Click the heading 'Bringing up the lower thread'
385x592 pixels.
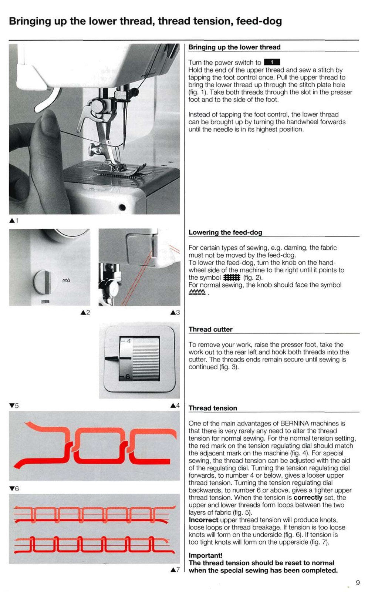tap(234, 47)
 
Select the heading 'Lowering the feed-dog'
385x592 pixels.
tap(225, 232)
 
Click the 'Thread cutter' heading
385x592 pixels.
tap(210, 329)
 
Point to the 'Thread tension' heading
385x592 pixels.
tap(213, 408)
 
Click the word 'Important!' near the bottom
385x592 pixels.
tap(205, 555)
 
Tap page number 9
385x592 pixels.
tap(357, 583)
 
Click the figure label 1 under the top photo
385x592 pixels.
tap(14, 221)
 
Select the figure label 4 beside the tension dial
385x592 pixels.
tap(175, 406)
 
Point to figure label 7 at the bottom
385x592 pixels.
tap(175, 570)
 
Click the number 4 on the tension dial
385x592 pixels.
tap(128, 341)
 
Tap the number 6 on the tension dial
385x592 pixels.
tap(128, 377)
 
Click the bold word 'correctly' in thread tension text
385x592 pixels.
tap(308, 498)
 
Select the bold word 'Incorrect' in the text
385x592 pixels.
tap(203, 520)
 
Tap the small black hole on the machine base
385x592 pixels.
tap(122, 207)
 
